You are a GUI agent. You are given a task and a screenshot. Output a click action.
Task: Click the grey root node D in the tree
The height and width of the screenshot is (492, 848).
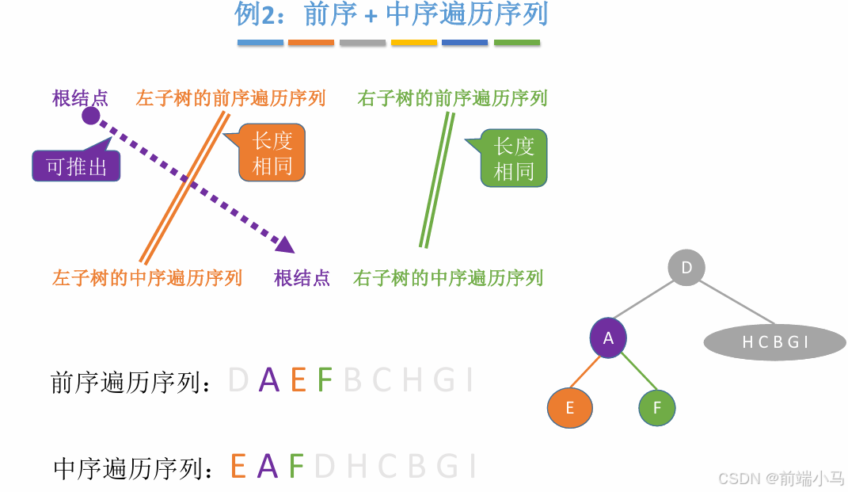click(686, 268)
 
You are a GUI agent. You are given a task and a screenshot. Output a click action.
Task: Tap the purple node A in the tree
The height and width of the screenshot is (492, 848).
click(608, 338)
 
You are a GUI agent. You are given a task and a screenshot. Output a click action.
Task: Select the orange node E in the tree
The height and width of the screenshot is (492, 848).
click(570, 408)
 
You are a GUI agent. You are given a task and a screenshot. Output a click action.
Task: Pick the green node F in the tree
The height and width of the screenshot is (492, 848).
click(657, 409)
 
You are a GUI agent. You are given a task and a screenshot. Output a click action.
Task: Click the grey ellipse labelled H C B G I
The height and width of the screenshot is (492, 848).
click(775, 342)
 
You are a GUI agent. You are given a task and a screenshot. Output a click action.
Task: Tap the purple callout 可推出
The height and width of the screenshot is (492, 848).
click(76, 166)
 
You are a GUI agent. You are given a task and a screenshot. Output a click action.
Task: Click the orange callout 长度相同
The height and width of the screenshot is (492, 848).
click(272, 154)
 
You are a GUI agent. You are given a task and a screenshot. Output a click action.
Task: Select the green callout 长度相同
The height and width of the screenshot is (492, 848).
click(514, 158)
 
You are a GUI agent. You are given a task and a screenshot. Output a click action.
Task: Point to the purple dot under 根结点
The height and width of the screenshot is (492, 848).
click(91, 116)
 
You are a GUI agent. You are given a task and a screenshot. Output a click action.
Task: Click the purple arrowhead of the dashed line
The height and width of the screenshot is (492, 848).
click(285, 243)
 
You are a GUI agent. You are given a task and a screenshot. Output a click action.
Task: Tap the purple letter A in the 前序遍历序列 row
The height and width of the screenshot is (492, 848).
click(269, 380)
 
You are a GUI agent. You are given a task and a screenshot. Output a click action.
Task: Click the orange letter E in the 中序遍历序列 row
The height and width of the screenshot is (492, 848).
click(238, 466)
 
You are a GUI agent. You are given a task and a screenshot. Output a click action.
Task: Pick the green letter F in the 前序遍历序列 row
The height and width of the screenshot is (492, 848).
click(325, 380)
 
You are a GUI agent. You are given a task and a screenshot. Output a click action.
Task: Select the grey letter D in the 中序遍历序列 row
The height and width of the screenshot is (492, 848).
click(325, 466)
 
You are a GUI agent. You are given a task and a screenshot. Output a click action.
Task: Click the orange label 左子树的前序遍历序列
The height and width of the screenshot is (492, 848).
click(230, 98)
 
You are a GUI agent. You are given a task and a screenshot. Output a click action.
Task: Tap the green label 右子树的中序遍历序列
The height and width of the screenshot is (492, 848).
click(448, 278)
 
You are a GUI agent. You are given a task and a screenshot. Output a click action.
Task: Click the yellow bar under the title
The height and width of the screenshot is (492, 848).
click(414, 43)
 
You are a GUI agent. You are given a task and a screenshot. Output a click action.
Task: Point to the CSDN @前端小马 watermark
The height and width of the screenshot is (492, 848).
click(780, 478)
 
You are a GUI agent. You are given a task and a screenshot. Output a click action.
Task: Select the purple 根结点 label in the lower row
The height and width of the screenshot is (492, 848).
click(302, 278)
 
